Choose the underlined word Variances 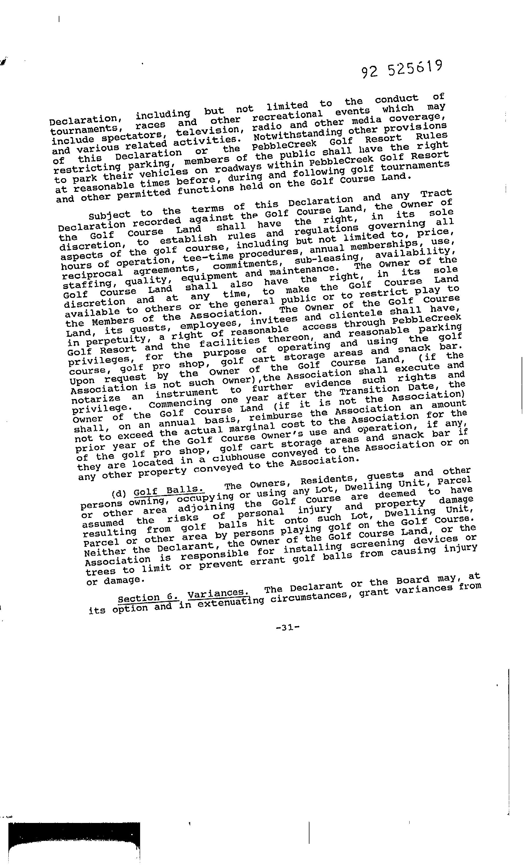tap(216, 594)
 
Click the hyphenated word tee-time tap(204, 258)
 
